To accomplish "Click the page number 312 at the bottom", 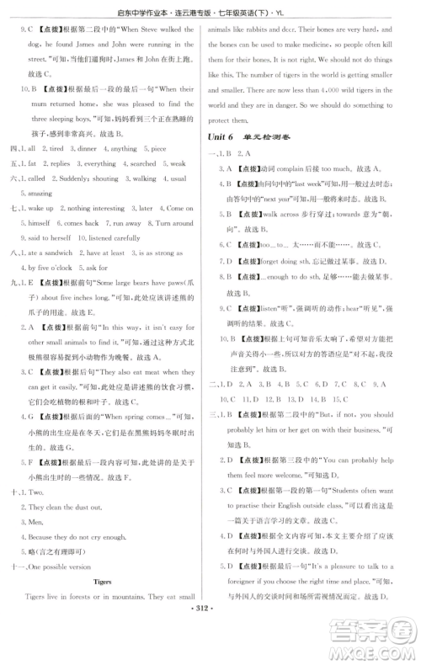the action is coord(210,651).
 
